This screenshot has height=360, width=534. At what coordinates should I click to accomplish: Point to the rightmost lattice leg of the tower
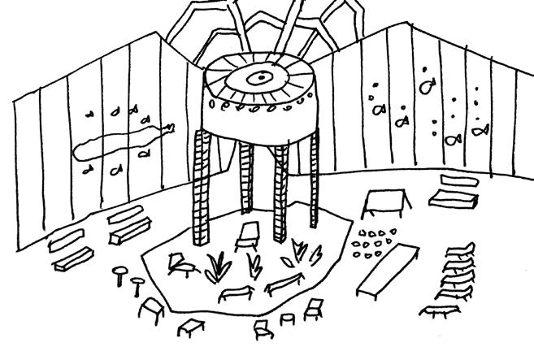click(315, 180)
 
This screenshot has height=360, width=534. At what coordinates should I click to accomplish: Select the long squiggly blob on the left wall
click(122, 139)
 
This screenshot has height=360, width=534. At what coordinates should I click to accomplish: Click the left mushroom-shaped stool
click(122, 271)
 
